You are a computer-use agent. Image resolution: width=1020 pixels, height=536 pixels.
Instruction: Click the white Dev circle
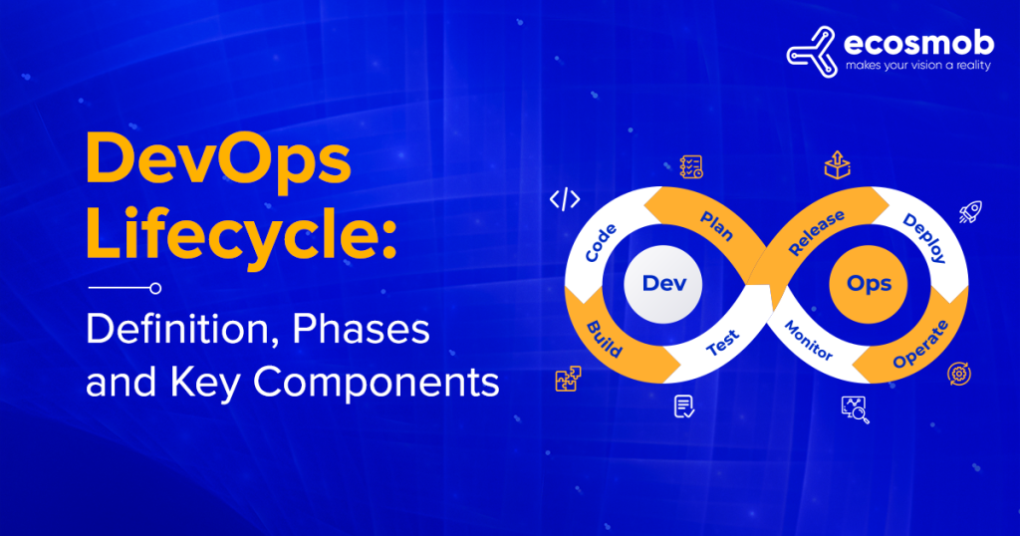(657, 283)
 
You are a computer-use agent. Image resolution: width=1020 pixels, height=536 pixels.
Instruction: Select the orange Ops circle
(869, 283)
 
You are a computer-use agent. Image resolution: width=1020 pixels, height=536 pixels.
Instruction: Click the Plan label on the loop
(716, 226)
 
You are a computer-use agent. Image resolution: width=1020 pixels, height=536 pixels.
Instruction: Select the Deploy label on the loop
(923, 237)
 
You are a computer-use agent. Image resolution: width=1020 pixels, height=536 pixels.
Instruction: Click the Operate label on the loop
(919, 345)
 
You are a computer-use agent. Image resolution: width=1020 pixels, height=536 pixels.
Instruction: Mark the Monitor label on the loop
(808, 341)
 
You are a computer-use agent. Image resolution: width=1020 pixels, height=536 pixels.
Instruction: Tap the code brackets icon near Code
(565, 199)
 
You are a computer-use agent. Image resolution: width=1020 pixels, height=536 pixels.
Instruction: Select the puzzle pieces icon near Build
(568, 380)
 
